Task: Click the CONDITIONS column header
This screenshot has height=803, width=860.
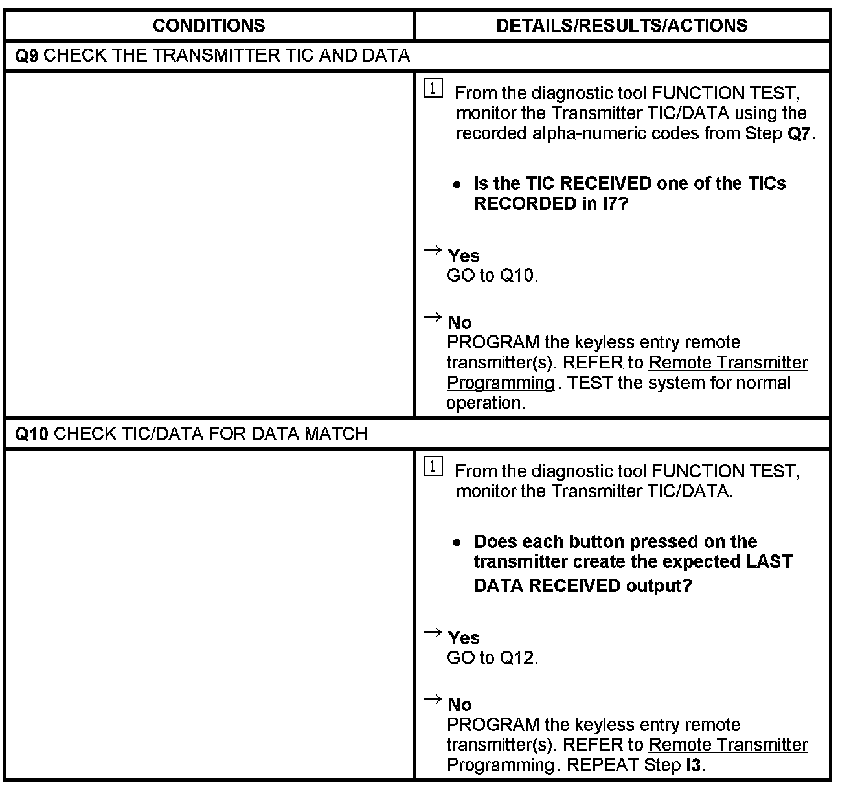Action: (209, 26)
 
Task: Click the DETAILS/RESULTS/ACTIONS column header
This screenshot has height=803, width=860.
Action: (622, 26)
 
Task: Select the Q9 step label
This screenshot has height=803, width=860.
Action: (27, 56)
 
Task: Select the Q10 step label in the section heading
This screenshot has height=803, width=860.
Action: (31, 434)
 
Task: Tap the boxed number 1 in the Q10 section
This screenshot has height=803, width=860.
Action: (433, 466)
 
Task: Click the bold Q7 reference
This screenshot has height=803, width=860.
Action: (799, 134)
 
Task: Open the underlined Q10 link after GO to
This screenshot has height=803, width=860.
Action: (517, 276)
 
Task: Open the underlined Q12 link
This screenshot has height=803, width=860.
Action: (517, 658)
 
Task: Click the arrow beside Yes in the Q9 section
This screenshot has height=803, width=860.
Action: (432, 251)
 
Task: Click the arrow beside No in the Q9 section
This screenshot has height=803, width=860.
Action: (432, 317)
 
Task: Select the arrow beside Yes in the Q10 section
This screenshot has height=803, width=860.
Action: (432, 633)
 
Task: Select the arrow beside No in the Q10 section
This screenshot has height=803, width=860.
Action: (432, 699)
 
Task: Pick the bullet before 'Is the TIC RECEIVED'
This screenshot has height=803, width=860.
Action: (458, 185)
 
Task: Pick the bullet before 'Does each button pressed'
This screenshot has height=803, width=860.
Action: (458, 543)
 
